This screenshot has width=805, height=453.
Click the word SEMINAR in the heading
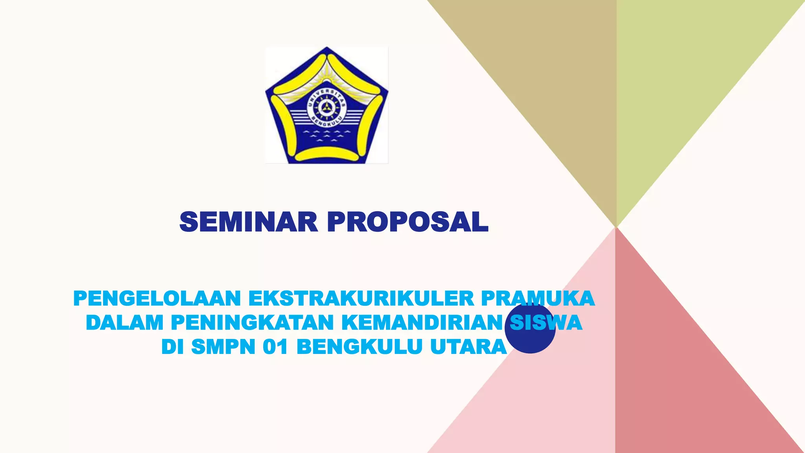coord(248,222)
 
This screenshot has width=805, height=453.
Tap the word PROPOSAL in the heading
coord(408,222)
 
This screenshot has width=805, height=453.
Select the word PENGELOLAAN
coord(157,298)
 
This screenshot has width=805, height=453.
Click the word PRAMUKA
coord(537,298)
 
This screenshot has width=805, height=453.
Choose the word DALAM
coord(124,323)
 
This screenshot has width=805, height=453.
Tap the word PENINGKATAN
coord(252,323)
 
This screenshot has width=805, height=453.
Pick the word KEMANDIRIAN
coord(422,323)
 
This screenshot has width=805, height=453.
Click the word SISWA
coord(546,323)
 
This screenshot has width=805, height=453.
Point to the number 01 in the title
coord(276,347)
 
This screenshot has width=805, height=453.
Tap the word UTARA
coord(468,347)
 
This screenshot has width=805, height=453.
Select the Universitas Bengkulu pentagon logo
coord(327,105)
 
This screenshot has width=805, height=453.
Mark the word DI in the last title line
coord(172,347)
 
